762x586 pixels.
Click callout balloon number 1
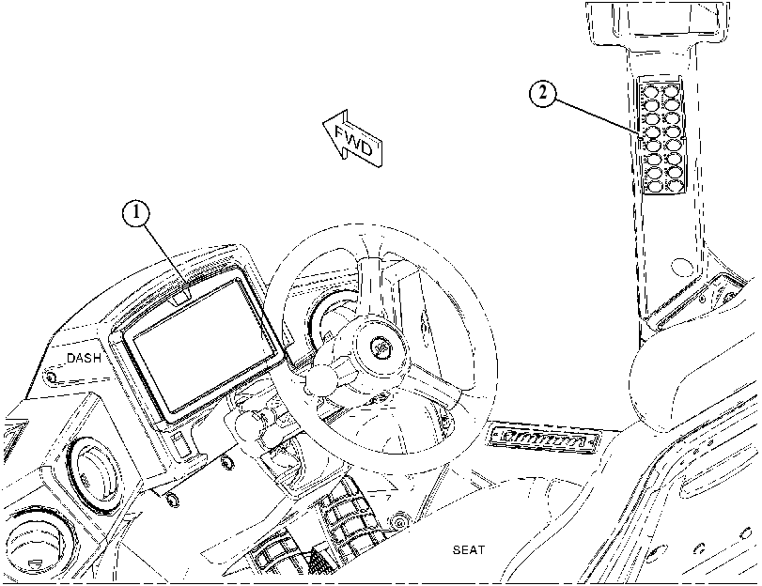pos(136,213)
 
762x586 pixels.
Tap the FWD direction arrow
pos(353,138)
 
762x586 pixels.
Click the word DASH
pos(84,358)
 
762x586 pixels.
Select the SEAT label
pos(469,550)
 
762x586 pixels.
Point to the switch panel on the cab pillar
pos(661,137)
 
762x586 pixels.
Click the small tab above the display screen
pos(181,297)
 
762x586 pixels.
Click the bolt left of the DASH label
pos(49,376)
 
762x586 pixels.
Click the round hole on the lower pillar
pos(680,267)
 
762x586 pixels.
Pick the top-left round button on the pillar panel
pos(650,91)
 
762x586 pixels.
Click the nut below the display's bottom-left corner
pos(172,499)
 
